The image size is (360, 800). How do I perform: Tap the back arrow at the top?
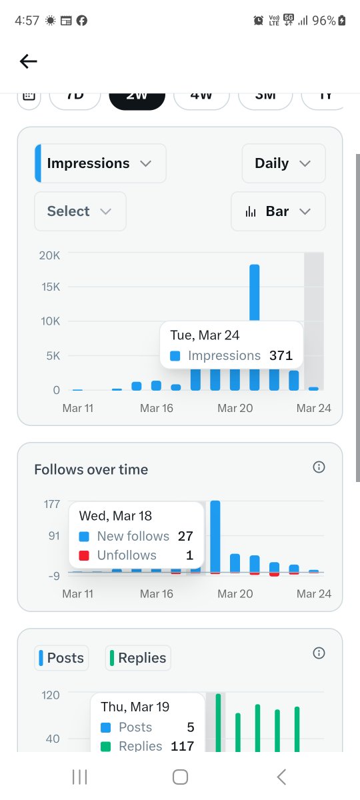tap(28, 61)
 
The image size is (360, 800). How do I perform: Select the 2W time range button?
tap(137, 97)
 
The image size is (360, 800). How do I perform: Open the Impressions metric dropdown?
tap(100, 163)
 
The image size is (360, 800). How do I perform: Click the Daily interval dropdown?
tap(283, 163)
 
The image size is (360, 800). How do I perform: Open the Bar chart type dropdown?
tap(278, 211)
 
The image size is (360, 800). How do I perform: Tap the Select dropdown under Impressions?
tap(79, 211)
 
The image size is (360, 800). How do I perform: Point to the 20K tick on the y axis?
tap(49, 255)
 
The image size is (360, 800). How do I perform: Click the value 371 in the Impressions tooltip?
tap(281, 355)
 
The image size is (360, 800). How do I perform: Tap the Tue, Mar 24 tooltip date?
tap(205, 335)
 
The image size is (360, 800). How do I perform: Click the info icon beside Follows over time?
tap(319, 467)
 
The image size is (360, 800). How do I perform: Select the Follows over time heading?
tap(91, 469)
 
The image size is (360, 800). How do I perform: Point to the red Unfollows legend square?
tap(83, 555)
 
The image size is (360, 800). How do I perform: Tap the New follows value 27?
tap(185, 536)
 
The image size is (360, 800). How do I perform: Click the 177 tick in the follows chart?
tap(52, 504)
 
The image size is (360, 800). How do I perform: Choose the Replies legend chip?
tap(138, 658)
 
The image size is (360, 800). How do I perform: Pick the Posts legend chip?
tap(61, 658)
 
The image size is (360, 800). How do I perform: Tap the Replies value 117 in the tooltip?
tap(182, 746)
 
